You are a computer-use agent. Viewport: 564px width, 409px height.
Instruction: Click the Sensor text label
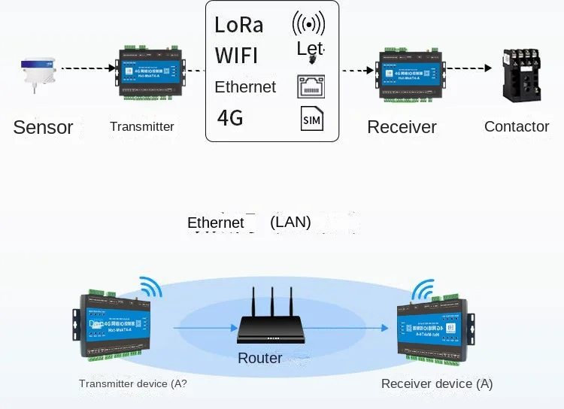(43, 127)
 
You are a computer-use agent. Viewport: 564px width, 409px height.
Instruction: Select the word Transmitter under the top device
(141, 126)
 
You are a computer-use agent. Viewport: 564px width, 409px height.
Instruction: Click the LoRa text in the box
(239, 25)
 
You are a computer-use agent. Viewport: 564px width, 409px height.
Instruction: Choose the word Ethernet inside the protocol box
(245, 87)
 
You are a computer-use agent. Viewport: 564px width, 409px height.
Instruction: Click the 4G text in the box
(230, 118)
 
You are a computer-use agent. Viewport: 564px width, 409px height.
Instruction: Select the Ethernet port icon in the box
(311, 87)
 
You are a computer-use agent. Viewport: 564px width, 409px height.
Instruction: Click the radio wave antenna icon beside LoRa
(308, 24)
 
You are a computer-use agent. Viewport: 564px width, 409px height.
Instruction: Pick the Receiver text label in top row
(402, 127)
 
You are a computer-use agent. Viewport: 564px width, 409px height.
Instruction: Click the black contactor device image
(521, 74)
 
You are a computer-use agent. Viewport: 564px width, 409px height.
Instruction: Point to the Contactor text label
(517, 126)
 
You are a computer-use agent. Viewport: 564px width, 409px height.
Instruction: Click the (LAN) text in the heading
(290, 223)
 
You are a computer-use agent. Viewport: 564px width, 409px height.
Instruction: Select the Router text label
(259, 358)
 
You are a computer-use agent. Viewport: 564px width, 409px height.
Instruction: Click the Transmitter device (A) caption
(133, 383)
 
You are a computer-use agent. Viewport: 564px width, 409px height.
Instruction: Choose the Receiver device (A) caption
(437, 383)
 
